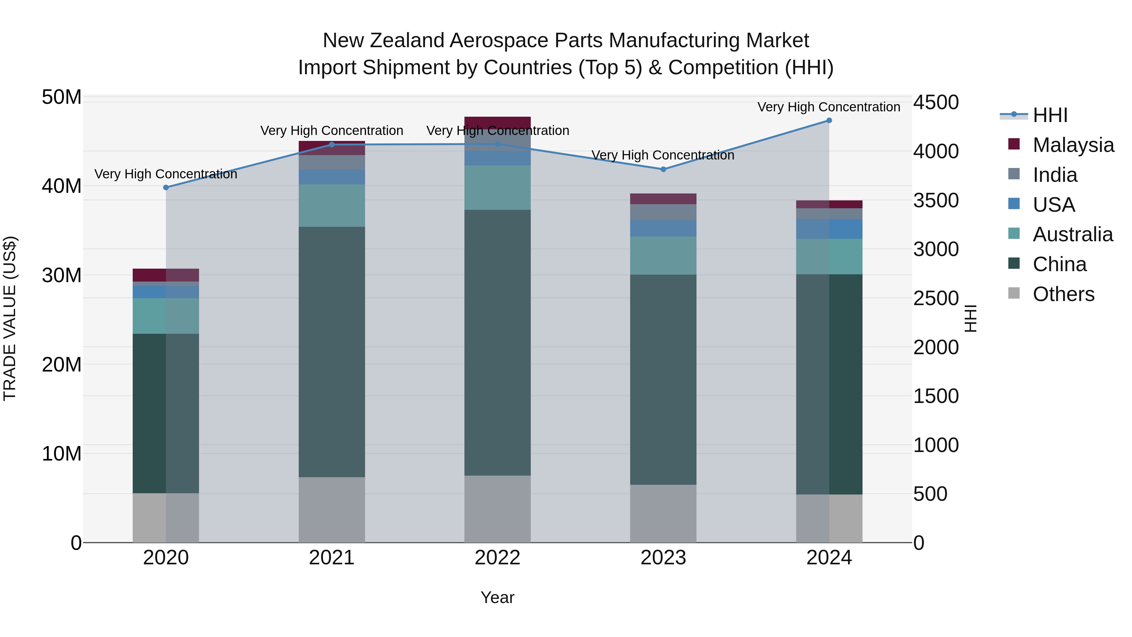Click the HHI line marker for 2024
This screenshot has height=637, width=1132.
point(829,120)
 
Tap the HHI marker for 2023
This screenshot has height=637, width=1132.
point(663,169)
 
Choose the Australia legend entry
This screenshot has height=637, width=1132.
point(1072,234)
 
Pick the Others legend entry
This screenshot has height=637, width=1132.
point(1063,294)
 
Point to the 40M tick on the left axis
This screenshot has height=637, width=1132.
point(62,186)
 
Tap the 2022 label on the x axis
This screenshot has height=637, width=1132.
point(497,558)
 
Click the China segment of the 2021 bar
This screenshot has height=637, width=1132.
point(332,352)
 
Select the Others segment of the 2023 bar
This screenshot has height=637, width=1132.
point(663,513)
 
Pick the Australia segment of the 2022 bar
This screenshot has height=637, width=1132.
point(497,188)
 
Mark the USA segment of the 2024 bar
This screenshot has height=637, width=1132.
point(829,229)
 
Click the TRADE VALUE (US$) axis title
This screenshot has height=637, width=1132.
point(10,318)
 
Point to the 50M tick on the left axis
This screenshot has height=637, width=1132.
point(62,97)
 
